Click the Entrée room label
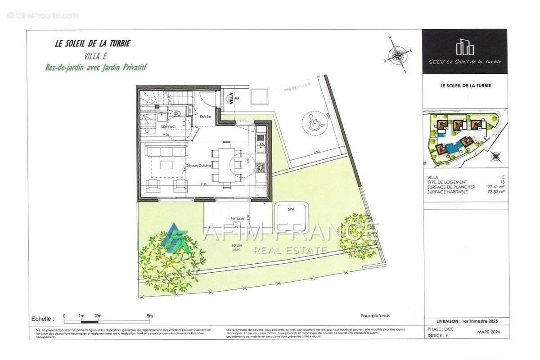click(x=206, y=117)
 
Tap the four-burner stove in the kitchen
click(x=261, y=167)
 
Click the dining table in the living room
click(x=226, y=161)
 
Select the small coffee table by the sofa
click(x=166, y=165)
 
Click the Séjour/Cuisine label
click(x=198, y=166)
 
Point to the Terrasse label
click(x=237, y=218)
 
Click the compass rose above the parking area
click(x=398, y=55)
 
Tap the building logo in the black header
click(x=464, y=47)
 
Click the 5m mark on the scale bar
click(x=150, y=316)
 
